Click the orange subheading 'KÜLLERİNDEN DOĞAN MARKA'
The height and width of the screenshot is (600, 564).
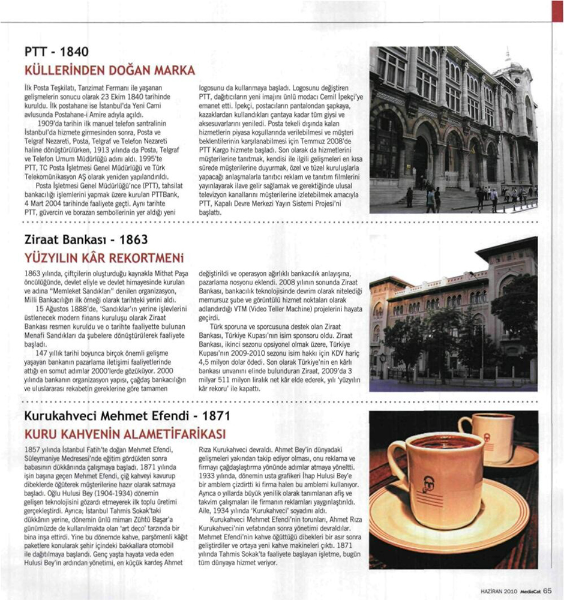(x=109, y=70)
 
